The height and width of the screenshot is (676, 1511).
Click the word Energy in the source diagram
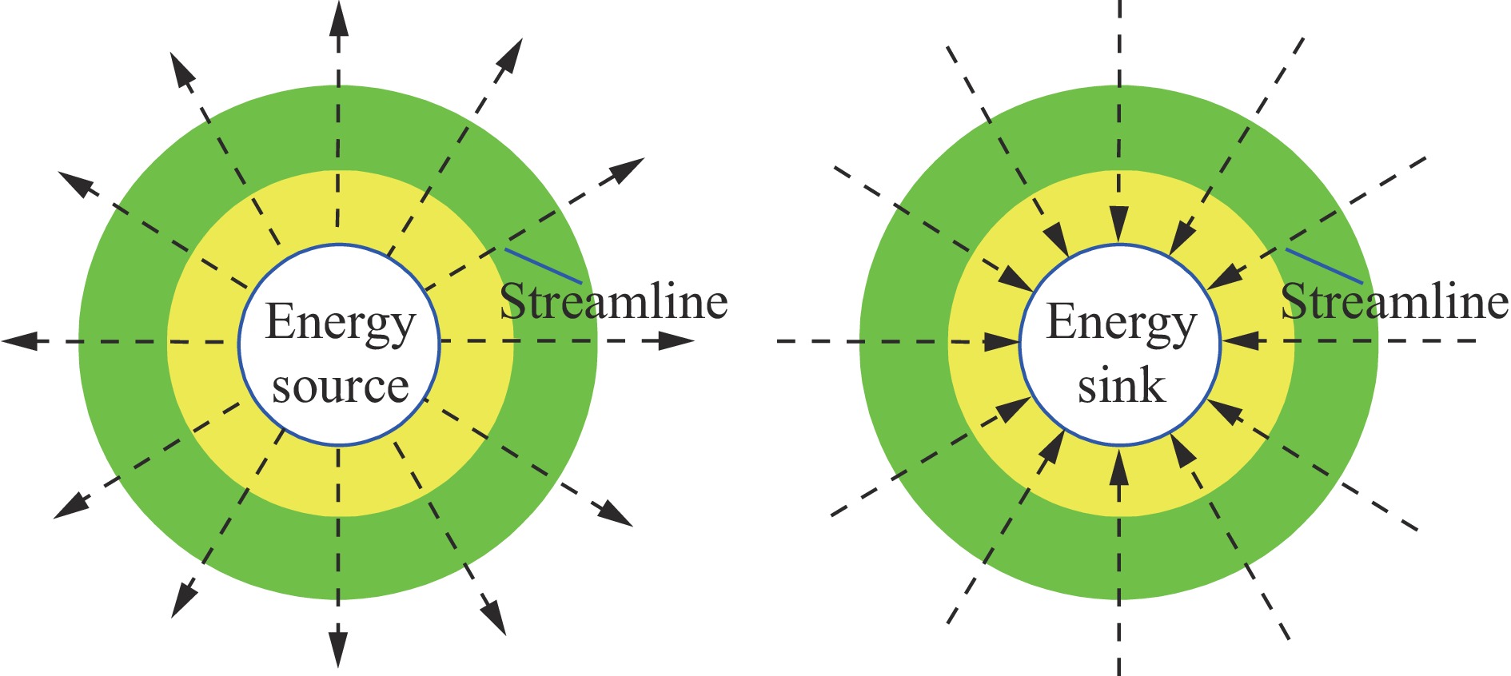click(341, 323)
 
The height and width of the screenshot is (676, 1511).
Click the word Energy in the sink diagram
click(1121, 323)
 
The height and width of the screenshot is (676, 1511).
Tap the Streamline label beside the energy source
click(613, 302)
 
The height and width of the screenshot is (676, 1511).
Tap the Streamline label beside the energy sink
click(1394, 302)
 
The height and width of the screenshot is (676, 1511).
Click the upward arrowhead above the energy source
click(339, 18)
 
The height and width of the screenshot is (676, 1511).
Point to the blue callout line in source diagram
click(543, 266)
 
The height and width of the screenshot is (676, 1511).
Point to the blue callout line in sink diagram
click(1324, 266)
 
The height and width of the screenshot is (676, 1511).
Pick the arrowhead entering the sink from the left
click(1001, 342)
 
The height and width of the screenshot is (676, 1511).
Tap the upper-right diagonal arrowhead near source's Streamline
click(627, 170)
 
